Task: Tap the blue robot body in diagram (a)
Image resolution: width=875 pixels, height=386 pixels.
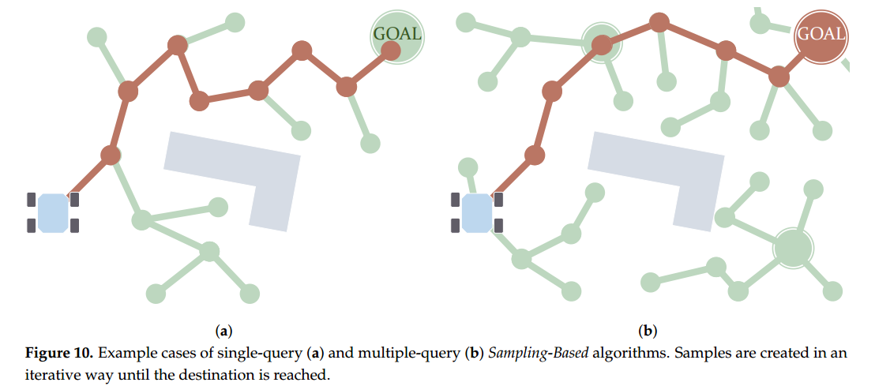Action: coord(53,213)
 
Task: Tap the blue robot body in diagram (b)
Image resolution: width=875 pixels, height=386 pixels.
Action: coord(477,213)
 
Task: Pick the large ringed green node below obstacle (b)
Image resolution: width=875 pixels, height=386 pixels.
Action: coord(792,248)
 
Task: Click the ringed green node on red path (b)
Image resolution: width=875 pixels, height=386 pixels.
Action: coord(602,43)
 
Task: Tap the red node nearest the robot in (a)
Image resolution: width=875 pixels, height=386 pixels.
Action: coord(111,155)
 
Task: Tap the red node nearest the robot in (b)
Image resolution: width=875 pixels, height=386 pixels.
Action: coord(535,155)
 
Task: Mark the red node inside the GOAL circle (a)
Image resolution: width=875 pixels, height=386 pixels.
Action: coord(390,51)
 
